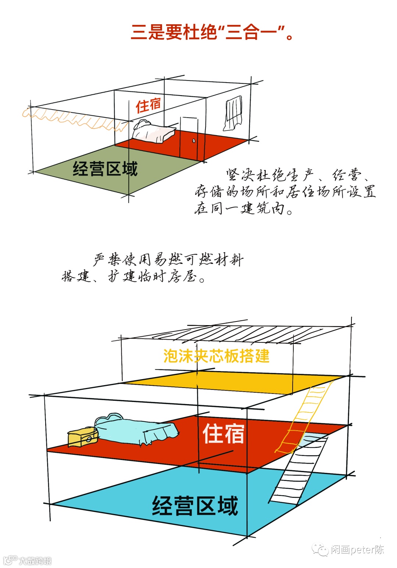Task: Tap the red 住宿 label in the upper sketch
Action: [148, 105]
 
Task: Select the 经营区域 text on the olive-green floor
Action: [105, 169]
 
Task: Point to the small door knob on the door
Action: [194, 140]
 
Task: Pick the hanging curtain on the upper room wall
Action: [233, 113]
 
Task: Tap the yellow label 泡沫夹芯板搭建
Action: [216, 356]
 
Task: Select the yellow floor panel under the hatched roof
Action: [235, 382]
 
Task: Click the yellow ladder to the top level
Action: [305, 415]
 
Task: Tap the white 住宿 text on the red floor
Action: [223, 434]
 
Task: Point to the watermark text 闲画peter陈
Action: [357, 550]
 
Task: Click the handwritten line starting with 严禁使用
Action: [168, 259]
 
